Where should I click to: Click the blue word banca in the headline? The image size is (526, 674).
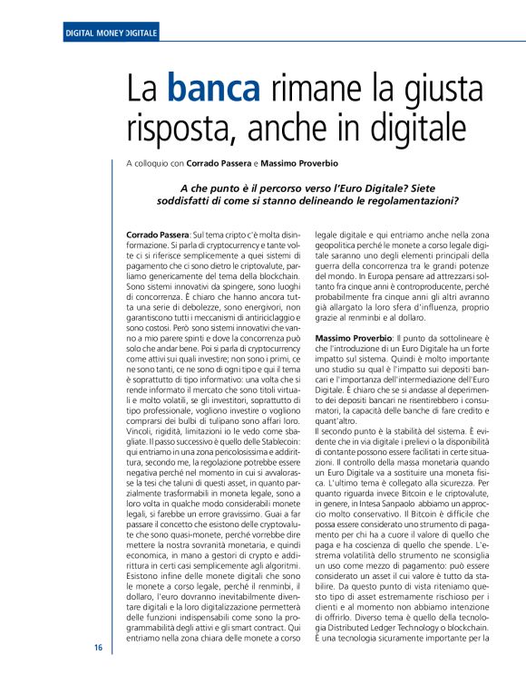click(x=213, y=89)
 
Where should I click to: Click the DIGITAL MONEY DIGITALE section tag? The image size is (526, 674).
click(x=112, y=34)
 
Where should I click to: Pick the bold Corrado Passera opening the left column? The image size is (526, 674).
click(x=159, y=235)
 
